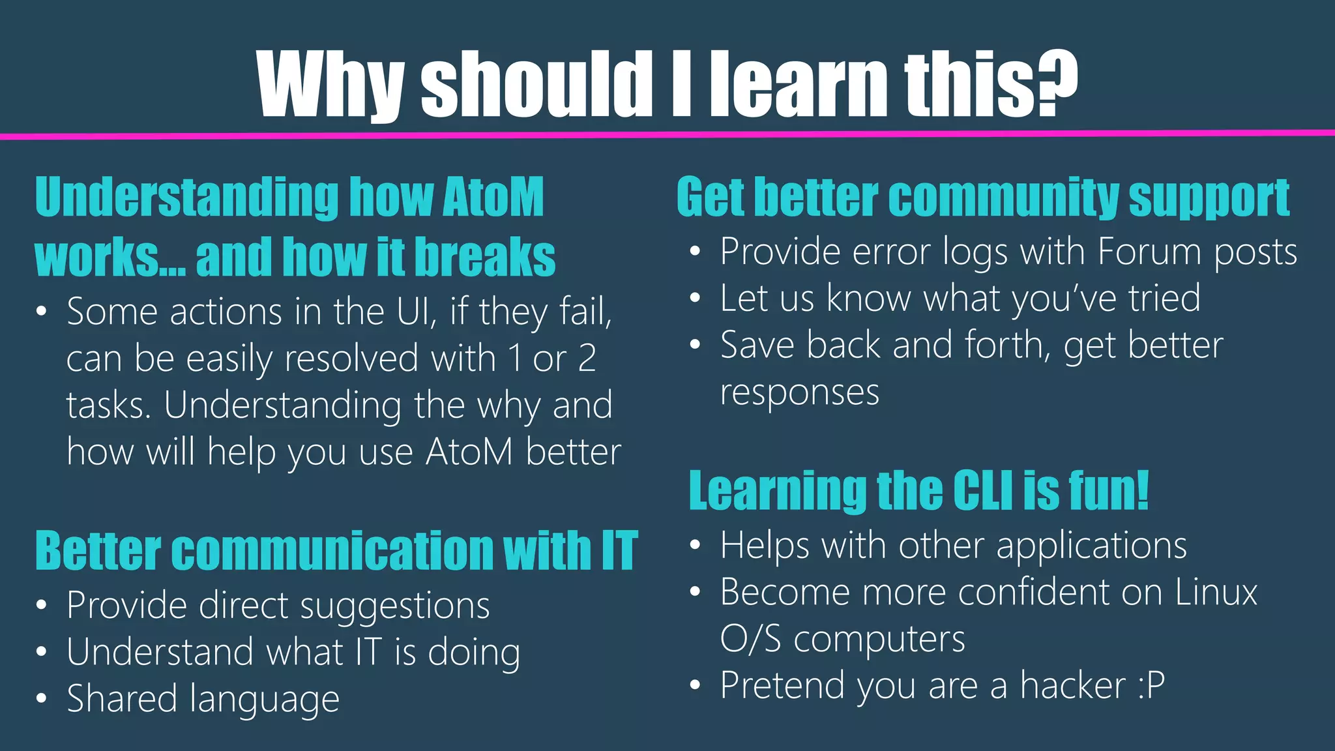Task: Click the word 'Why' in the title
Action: [330, 85]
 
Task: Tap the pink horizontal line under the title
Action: [667, 134]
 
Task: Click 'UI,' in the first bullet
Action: [417, 312]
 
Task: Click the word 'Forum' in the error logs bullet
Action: [1149, 252]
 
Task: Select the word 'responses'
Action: [800, 392]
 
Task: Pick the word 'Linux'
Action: [1216, 593]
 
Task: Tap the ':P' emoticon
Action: [1151, 686]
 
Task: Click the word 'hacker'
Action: [1073, 686]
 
